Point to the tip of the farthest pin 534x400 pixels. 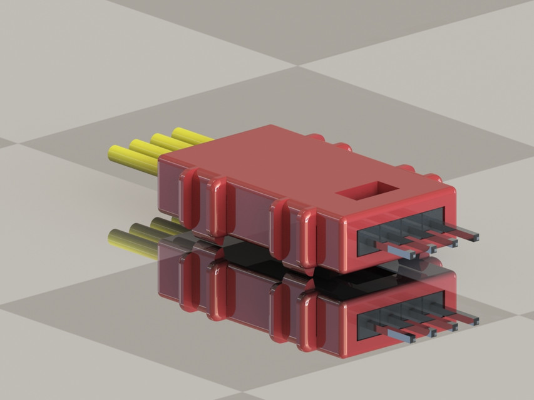473,237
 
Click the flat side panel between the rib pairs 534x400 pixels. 247,216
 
